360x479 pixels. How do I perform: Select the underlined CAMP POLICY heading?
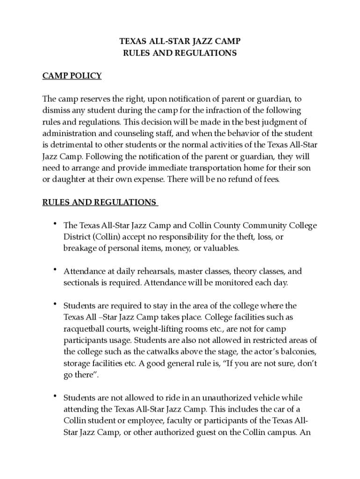coord(72,76)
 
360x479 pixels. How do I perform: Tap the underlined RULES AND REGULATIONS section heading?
coord(99,202)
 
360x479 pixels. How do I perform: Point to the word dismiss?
coord(56,110)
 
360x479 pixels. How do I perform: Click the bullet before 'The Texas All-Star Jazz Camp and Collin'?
coord(55,223)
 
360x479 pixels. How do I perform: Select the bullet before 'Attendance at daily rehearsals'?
coord(55,269)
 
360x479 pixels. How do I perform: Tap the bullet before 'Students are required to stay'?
coord(55,304)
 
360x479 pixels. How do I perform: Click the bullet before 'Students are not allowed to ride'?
coord(55,396)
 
